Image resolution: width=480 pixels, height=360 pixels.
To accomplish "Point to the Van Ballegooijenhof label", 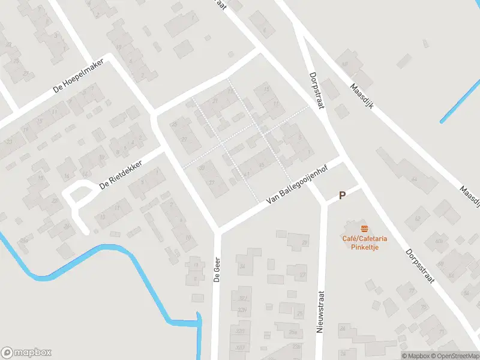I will tap(293, 191).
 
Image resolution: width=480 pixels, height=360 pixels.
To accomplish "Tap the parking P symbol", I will tap(343, 195).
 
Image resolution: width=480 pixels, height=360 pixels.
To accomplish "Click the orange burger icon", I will tap(364, 228).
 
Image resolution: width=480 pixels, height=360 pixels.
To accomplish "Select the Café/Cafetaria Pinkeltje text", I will tap(365, 242).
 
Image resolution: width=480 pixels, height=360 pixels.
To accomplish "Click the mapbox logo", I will tap(26, 353).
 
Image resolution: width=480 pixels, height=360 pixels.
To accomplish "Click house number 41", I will tap(247, 175).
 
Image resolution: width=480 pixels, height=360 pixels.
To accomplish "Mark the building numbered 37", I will tap(211, 182).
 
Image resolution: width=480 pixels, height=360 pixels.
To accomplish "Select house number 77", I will tap(412, 291).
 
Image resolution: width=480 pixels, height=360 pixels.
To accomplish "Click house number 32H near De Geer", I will tap(242, 310).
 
